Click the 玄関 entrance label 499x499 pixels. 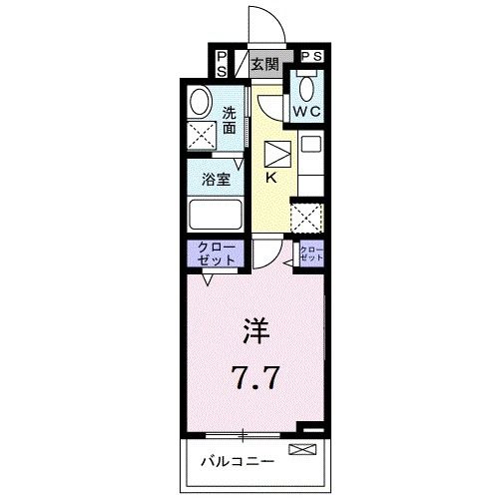pyautogui.click(x=264, y=67)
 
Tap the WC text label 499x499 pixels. pyautogui.click(x=305, y=112)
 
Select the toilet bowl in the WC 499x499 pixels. pyautogui.click(x=305, y=88)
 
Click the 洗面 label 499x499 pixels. pyautogui.click(x=231, y=120)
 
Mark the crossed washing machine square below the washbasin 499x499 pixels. pyautogui.click(x=204, y=136)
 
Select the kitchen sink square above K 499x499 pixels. pyautogui.click(x=275, y=154)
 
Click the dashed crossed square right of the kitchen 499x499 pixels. pyautogui.click(x=304, y=218)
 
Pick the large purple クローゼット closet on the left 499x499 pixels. pyautogui.click(x=211, y=253)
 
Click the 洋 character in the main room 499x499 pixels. pyautogui.click(x=252, y=330)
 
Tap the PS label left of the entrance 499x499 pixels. pyautogui.click(x=221, y=64)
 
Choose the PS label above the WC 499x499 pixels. pyautogui.click(x=310, y=57)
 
